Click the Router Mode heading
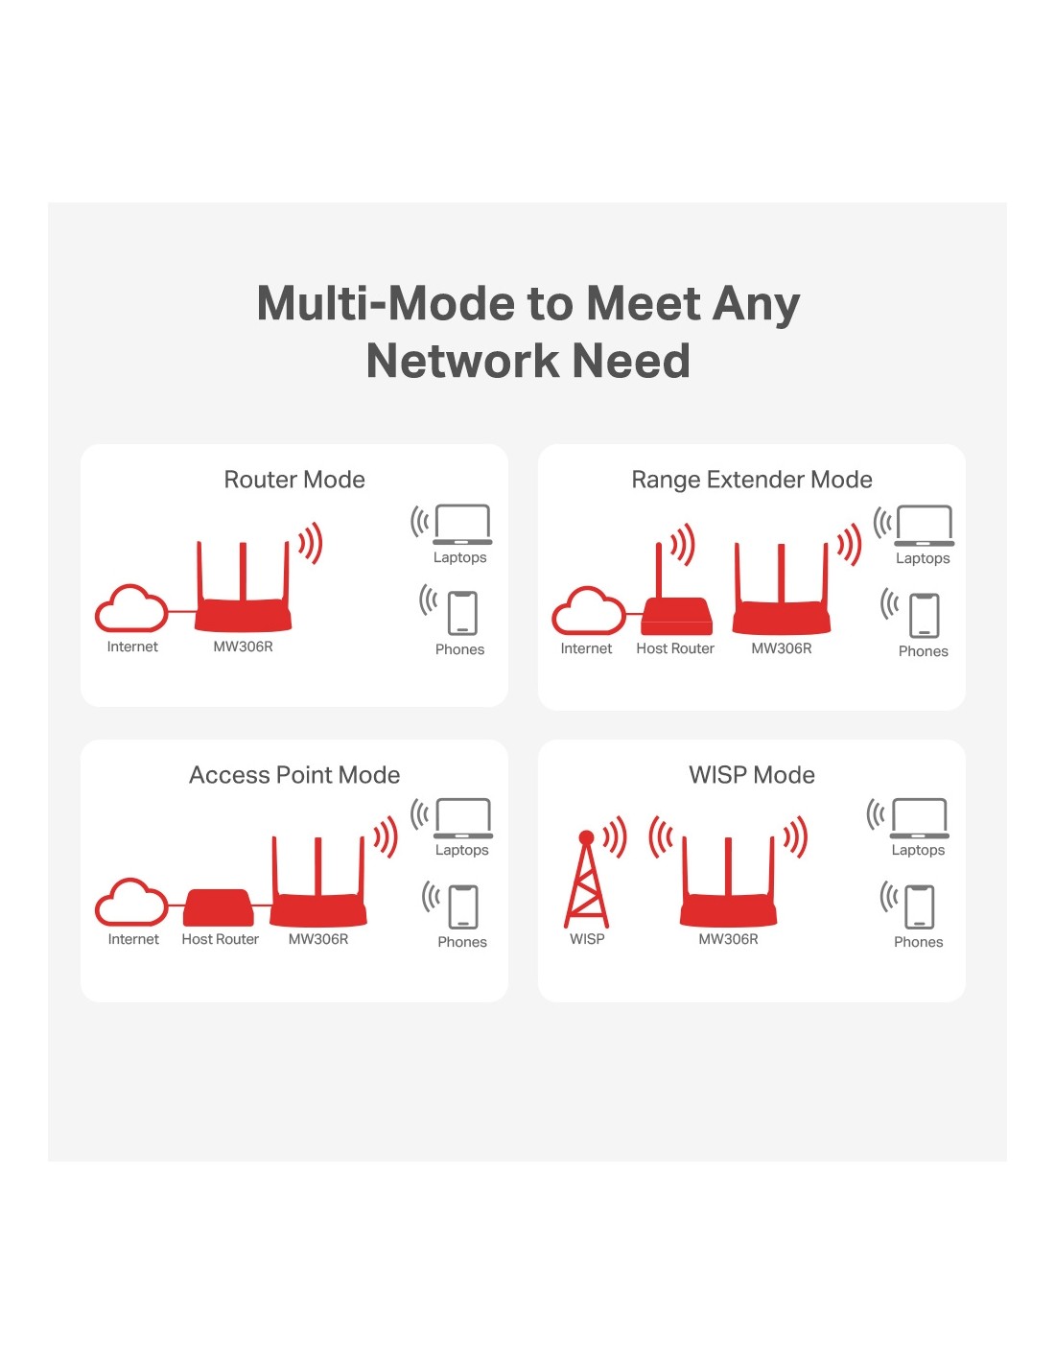(294, 480)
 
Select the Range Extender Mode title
(752, 480)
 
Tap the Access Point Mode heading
(294, 775)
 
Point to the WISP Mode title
(752, 775)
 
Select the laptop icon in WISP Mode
(920, 818)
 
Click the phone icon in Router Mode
(462, 613)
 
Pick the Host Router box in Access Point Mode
(219, 907)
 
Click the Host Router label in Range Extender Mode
(675, 649)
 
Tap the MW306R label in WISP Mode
(728, 940)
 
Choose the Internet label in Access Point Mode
(133, 940)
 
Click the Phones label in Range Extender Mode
(923, 652)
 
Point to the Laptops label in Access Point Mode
(461, 851)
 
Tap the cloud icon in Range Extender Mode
(588, 611)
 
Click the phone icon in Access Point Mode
(464, 906)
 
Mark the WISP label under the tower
(587, 940)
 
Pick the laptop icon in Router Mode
(462, 524)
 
